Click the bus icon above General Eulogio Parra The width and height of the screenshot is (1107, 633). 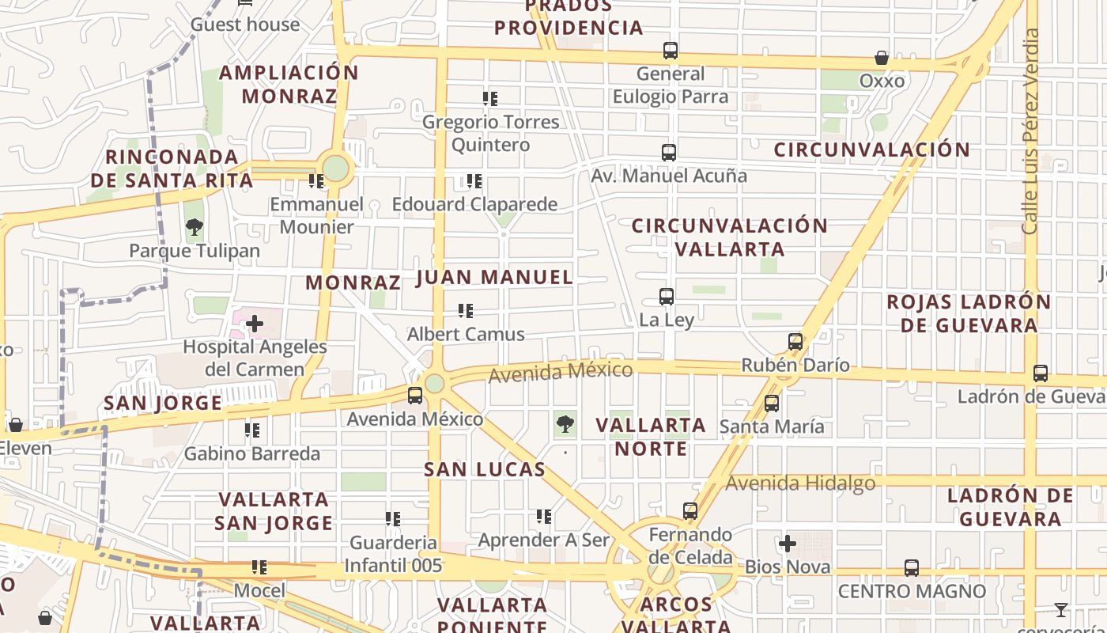point(671,51)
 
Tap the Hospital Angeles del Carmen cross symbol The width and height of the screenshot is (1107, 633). point(255,324)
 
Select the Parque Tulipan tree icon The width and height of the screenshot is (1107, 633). point(195,228)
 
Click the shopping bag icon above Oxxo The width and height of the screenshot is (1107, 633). point(882,58)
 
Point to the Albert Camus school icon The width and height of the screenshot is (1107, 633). point(466,311)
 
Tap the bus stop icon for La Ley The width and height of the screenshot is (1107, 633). point(667,297)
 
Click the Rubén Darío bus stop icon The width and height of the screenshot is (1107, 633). point(795,342)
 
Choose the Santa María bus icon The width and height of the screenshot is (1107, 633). point(772,404)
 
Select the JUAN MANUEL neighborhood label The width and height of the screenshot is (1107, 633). point(494,277)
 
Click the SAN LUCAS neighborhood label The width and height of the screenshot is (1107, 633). point(485,469)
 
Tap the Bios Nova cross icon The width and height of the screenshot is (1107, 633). point(788,544)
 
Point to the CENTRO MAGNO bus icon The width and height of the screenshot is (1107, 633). point(912,568)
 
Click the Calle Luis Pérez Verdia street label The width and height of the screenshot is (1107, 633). point(1030,131)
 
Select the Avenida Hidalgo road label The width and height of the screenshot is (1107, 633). point(800,483)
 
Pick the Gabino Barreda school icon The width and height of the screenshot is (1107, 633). point(252,430)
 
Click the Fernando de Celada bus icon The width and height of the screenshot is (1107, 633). point(690,511)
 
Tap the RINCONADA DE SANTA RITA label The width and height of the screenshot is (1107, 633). point(172,169)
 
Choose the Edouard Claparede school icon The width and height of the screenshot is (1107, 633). point(474,181)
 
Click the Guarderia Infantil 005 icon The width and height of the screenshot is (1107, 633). point(393,519)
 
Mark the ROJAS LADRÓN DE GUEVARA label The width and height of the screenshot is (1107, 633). point(969,313)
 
